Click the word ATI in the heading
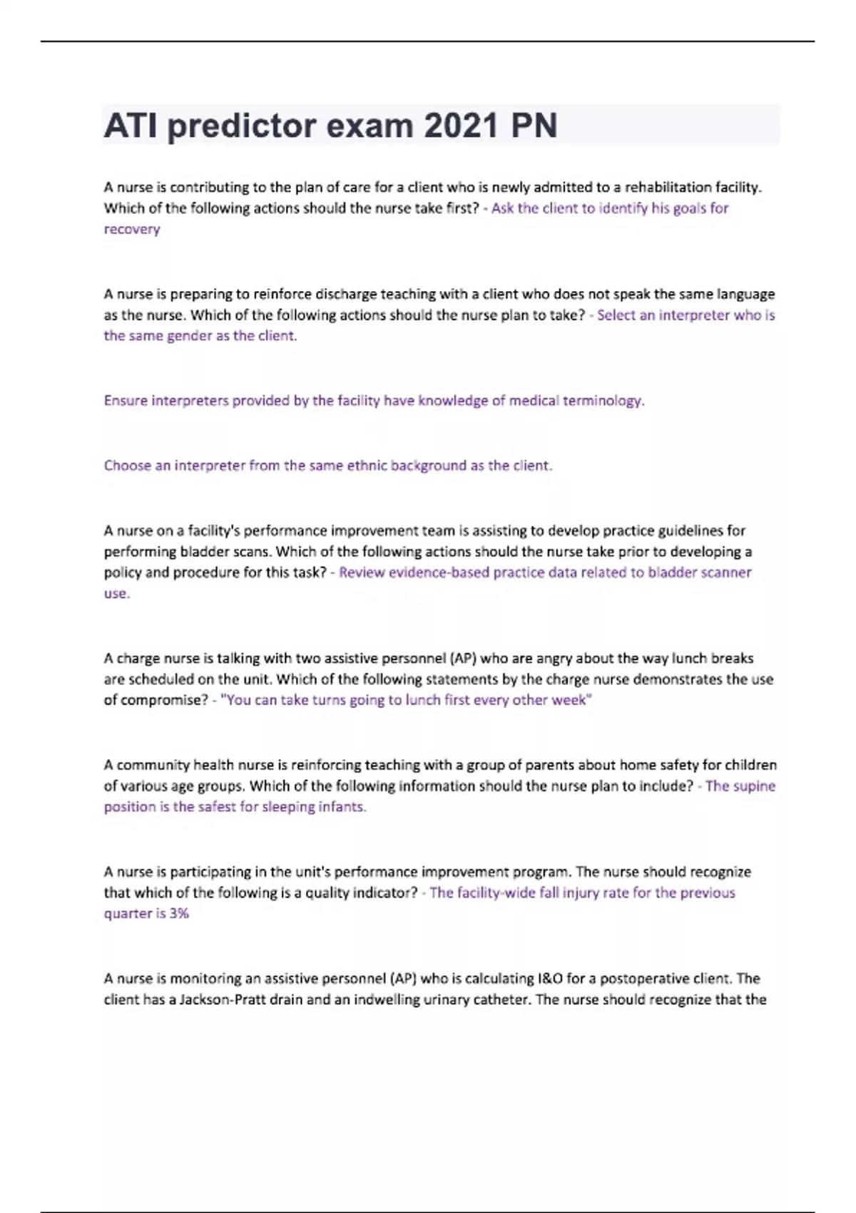click(x=130, y=126)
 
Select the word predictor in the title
click(x=241, y=126)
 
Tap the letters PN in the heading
click(x=534, y=126)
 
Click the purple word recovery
click(x=132, y=230)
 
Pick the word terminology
click(x=603, y=401)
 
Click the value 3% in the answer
click(x=179, y=914)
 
